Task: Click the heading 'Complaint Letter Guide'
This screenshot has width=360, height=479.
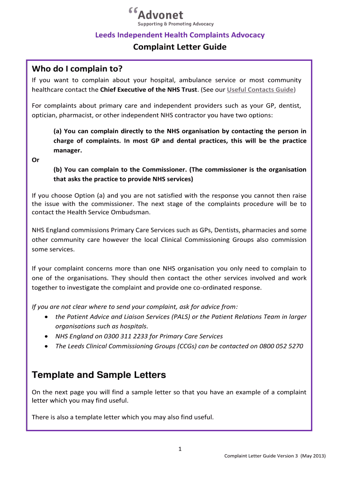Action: pyautogui.click(x=180, y=47)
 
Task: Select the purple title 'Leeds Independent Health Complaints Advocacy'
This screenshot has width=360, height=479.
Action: pyautogui.click(x=180, y=35)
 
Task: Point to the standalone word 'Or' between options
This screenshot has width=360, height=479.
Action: pyautogui.click(x=36, y=160)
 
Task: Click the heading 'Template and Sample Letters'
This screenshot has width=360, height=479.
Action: pyautogui.click(x=98, y=375)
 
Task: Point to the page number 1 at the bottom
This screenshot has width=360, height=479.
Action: pyautogui.click(x=180, y=450)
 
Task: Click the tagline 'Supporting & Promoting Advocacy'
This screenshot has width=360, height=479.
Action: pyautogui.click(x=175, y=24)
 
